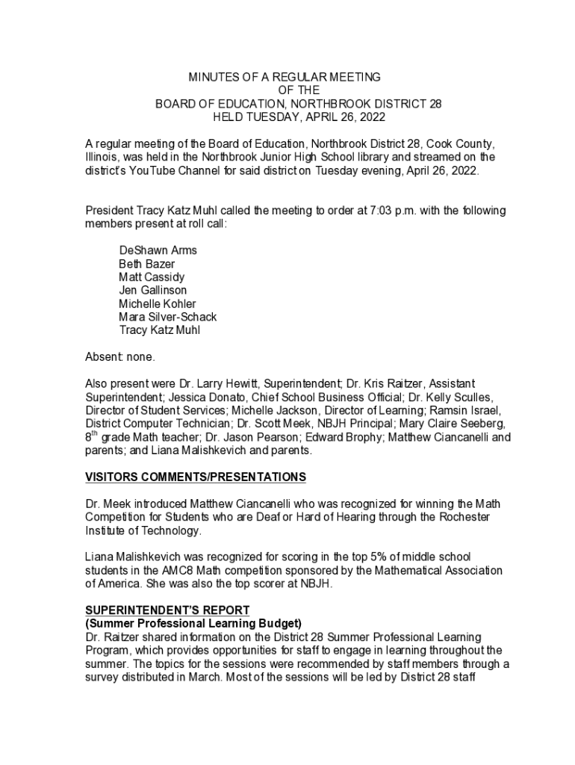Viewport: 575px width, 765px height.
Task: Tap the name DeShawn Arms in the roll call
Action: click(158, 250)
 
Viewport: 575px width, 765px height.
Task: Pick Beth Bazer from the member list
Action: click(147, 264)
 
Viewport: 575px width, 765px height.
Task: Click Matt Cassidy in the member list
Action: click(152, 277)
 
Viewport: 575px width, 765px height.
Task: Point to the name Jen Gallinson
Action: click(153, 290)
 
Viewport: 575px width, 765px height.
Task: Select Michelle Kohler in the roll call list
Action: click(158, 303)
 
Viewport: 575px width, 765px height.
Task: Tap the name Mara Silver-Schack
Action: click(168, 317)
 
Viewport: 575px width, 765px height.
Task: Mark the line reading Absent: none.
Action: click(120, 356)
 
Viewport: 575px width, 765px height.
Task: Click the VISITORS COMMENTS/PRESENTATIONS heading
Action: click(196, 477)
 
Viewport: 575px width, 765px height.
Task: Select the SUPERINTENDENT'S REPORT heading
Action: click(167, 610)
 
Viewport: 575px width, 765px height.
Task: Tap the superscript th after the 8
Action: click(95, 433)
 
